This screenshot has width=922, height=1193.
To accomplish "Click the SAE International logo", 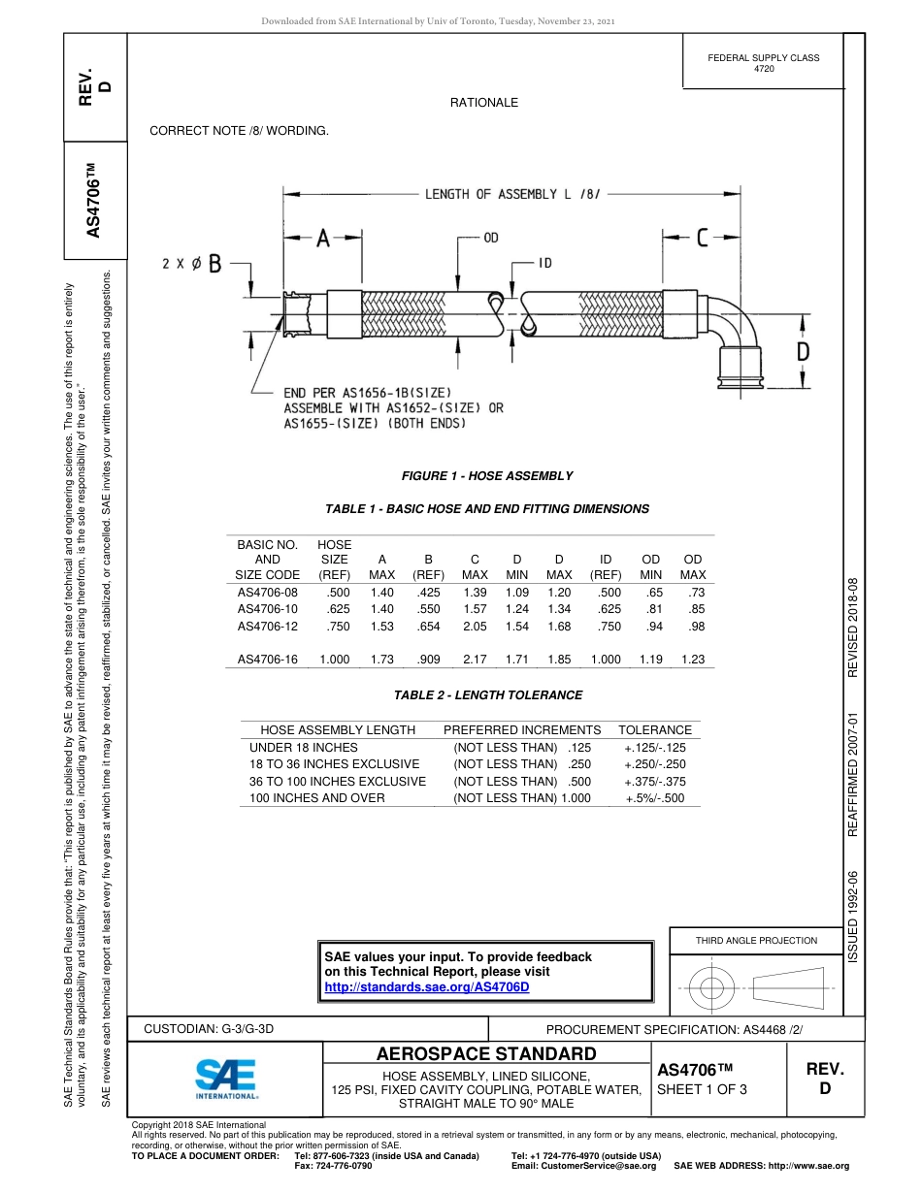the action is (x=226, y=1078).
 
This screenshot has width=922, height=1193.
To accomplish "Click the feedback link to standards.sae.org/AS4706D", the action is (x=426, y=986).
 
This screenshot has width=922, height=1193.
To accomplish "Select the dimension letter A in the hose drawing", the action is (x=323, y=238).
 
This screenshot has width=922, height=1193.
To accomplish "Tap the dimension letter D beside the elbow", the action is (x=803, y=352).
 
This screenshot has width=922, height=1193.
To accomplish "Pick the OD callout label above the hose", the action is (x=491, y=238).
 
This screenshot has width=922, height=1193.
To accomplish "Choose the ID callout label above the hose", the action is (x=546, y=263).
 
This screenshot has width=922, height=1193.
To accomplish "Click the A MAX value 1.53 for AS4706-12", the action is (x=381, y=627).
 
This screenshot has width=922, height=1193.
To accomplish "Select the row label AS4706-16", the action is (x=267, y=660).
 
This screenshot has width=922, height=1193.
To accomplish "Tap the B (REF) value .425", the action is (x=428, y=592).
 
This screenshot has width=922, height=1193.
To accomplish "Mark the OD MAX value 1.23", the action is (x=692, y=660).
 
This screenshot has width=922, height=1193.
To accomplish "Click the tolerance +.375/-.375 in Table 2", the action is (x=655, y=781).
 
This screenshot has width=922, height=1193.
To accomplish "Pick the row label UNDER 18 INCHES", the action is (x=304, y=748).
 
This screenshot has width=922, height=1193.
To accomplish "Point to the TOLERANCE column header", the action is (x=655, y=729).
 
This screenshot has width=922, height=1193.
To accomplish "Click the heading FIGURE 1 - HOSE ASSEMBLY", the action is (x=487, y=475).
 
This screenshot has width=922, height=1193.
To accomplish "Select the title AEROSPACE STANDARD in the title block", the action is (x=486, y=1054).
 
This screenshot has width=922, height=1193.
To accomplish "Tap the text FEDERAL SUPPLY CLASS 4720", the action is (x=764, y=63).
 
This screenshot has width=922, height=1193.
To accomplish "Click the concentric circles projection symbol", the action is (x=712, y=989).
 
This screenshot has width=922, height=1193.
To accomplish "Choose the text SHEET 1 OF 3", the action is (x=703, y=1088).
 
